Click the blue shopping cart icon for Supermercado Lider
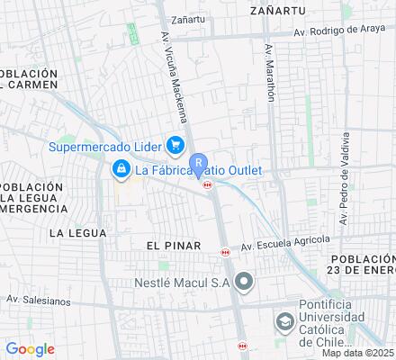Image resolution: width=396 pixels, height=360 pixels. (x=175, y=145)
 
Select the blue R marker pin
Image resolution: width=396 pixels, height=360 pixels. (x=199, y=166)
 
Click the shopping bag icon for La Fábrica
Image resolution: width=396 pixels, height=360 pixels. (x=120, y=168)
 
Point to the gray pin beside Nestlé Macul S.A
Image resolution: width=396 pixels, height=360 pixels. (x=243, y=283)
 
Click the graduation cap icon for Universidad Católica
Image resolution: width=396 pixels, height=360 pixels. (x=284, y=321)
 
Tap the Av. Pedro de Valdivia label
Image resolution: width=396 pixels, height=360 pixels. (x=344, y=179)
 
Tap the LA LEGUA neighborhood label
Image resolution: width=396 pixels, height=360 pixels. (x=77, y=232)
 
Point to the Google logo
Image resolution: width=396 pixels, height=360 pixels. (x=30, y=349)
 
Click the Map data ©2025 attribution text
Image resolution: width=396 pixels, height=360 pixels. (x=357, y=353)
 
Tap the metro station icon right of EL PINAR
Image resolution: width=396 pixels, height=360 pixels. (x=225, y=253)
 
